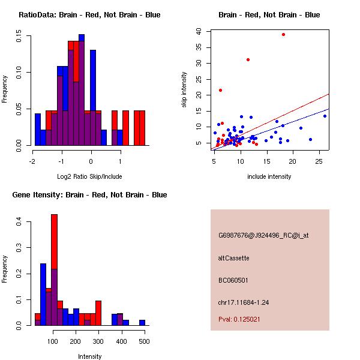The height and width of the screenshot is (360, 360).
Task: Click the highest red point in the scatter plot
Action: point(283,34)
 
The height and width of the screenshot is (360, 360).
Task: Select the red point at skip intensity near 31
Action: point(248,59)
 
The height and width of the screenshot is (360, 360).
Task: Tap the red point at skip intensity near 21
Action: point(220,90)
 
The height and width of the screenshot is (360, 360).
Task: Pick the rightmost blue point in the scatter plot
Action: point(325,116)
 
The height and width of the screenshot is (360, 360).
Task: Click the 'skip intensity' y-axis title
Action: point(185,90)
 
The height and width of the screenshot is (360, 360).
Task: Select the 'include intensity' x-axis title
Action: point(269,176)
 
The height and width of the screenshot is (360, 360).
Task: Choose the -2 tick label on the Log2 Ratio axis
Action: point(32,161)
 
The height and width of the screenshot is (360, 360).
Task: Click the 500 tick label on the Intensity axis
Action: point(144,341)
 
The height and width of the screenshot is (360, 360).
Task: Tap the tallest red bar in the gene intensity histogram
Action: point(55,240)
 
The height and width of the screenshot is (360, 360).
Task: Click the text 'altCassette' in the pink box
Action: point(233,258)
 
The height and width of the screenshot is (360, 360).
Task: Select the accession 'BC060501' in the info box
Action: point(233,280)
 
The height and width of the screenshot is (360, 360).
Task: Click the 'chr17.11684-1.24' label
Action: point(244,302)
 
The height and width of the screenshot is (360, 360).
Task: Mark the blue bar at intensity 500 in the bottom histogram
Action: point(142,322)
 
